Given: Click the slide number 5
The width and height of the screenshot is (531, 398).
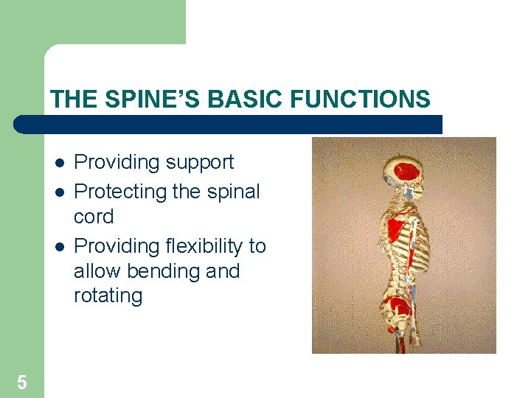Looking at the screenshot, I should [x=21, y=383].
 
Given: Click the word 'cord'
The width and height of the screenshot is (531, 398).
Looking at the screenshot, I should [x=94, y=217].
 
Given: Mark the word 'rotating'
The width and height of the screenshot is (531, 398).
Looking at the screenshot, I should [x=108, y=296].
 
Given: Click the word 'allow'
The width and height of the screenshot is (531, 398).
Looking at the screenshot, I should [x=97, y=270].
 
